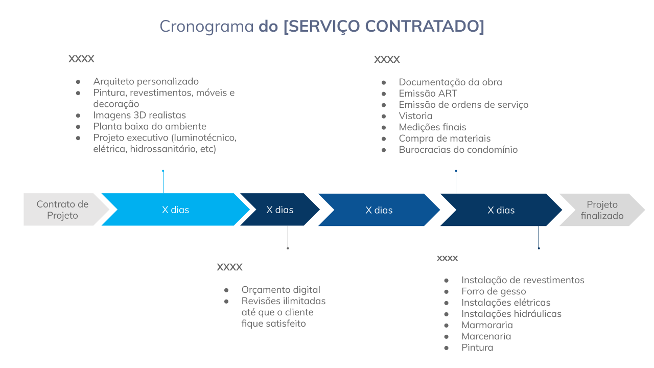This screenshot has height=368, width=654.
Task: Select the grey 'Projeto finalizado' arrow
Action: [602, 210]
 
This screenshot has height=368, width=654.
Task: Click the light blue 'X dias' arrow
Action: [175, 210]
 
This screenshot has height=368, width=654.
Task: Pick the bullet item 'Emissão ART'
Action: [428, 94]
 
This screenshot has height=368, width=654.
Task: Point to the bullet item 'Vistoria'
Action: [415, 116]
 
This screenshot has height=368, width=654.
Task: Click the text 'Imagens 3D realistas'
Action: [139, 116]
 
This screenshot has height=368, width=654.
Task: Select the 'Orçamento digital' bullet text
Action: [281, 290]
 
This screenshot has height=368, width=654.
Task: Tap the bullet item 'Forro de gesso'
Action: [494, 291]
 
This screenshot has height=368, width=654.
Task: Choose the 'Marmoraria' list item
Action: [487, 325]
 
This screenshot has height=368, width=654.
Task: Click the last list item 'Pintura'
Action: [477, 348]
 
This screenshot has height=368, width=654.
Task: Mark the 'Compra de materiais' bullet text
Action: [445, 139]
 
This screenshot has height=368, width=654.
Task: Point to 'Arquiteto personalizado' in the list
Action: [146, 81]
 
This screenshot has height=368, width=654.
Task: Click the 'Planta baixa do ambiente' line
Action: [150, 126]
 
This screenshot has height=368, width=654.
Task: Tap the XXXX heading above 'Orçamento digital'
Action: [229, 267]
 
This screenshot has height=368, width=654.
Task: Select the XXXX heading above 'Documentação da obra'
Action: [387, 60]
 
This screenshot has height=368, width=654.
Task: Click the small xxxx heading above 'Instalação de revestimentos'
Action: [447, 258]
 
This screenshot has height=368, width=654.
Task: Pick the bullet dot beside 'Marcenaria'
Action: [446, 337]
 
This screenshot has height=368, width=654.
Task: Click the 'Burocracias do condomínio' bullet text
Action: [458, 150]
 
